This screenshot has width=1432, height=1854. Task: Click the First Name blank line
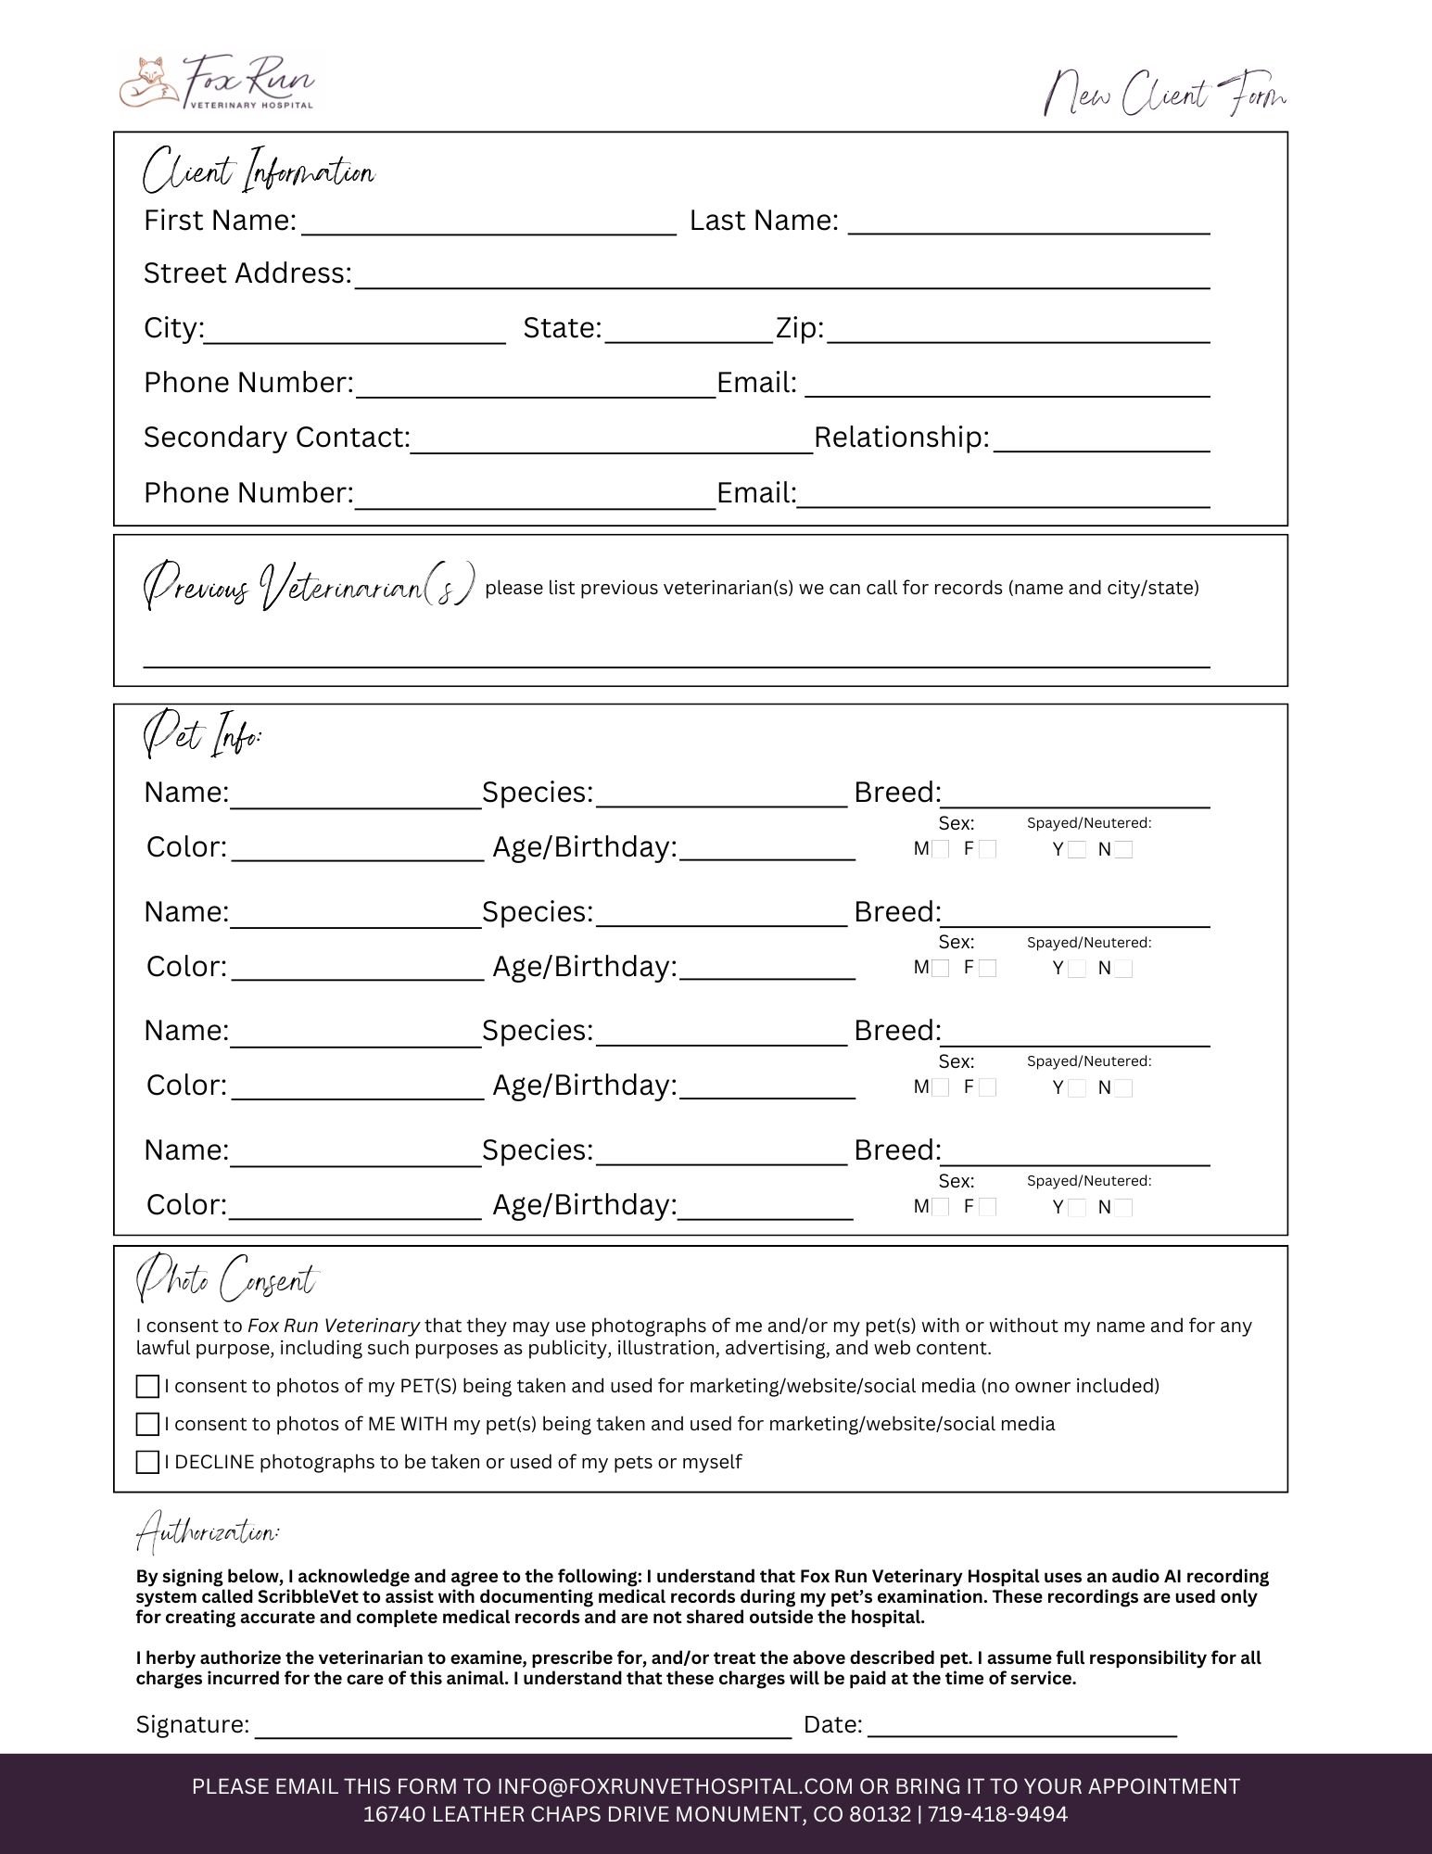click(488, 228)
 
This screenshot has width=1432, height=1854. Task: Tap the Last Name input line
click(1029, 226)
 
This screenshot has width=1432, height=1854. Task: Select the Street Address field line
click(781, 281)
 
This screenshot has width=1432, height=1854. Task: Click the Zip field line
click(1018, 335)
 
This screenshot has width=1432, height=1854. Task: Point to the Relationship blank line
click(1100, 444)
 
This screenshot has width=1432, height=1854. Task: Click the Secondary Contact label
click(276, 438)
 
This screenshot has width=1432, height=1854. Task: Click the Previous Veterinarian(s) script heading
click(310, 586)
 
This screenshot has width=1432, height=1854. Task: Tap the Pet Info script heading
click(203, 735)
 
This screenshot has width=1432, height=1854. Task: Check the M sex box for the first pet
click(940, 849)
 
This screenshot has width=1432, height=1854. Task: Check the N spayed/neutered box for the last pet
click(1123, 1207)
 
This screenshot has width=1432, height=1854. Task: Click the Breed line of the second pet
click(1075, 920)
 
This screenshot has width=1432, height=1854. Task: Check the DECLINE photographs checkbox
click(147, 1462)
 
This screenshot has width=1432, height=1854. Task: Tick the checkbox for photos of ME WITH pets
click(147, 1424)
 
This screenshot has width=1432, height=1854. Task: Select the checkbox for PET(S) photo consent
click(147, 1386)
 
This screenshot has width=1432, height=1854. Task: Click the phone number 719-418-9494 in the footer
click(997, 1814)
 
